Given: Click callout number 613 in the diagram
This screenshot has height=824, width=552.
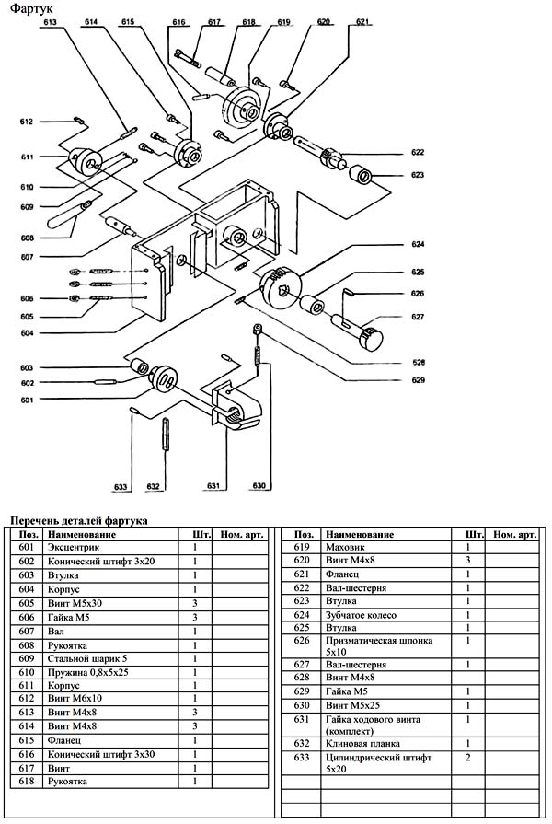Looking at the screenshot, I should coord(50,21).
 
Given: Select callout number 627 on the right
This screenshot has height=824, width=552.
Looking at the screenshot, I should coord(418,317).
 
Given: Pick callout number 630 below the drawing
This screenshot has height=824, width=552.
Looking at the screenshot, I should coord(260,486).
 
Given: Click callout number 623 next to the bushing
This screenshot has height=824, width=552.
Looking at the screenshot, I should coord(418,174).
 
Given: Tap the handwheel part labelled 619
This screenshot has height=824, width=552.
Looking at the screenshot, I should coord(242,110).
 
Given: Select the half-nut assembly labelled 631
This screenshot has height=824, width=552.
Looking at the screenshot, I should coord(236,409).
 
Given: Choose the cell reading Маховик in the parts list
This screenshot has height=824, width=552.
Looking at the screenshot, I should coord(343,547).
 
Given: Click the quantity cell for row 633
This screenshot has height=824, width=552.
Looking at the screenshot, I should coord(473,757).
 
